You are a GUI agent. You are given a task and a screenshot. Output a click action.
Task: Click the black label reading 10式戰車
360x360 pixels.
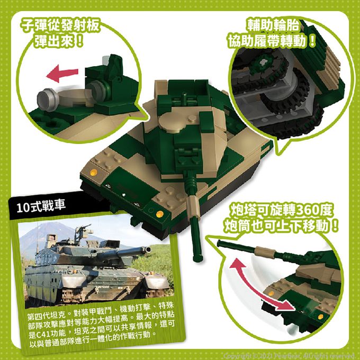point(41,206)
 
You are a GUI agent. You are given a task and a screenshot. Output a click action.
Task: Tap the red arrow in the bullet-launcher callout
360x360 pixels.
point(62,73)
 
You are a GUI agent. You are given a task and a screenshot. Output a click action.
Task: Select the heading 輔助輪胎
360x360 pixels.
point(273,25)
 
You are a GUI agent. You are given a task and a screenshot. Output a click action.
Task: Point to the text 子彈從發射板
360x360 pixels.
point(60,25)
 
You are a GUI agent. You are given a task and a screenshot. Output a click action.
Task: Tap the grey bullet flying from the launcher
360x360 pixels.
point(48,100)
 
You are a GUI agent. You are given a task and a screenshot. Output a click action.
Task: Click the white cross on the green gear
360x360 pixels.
point(263,62)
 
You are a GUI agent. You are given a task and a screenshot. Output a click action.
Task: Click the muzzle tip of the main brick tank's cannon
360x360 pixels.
point(198,258)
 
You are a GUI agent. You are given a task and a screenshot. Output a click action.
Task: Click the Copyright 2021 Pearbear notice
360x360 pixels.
point(289,356)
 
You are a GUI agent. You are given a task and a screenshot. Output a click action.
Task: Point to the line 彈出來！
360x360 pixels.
point(59,41)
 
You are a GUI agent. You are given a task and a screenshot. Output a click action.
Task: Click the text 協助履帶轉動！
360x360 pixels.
point(272,41)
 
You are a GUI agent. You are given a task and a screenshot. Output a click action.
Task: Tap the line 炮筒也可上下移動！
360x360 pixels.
point(281,226)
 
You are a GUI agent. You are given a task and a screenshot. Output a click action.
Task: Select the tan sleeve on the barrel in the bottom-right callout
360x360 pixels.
point(265,252)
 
